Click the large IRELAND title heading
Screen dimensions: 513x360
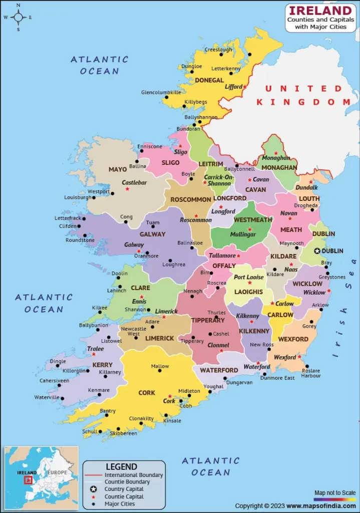[x=320, y=11]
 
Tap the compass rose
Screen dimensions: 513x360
[x=18, y=17]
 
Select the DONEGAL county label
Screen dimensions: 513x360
[x=209, y=80]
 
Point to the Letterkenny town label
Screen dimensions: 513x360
[x=226, y=69]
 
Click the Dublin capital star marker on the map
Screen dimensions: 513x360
[x=316, y=251]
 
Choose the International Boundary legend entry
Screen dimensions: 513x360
[x=133, y=474]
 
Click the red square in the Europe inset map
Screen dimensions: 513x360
[x=29, y=480]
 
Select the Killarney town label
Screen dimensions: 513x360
[x=110, y=372]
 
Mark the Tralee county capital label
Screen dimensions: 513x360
[x=95, y=349]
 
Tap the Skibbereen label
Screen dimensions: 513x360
[x=123, y=433]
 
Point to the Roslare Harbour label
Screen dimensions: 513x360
[x=311, y=373]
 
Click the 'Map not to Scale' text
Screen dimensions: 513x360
[x=335, y=493]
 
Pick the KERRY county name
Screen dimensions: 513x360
[x=103, y=365]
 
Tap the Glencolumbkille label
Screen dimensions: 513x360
[x=161, y=93]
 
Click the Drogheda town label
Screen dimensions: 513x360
[x=306, y=205]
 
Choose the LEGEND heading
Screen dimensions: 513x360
[x=121, y=466]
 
